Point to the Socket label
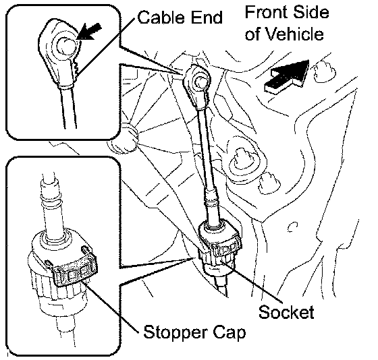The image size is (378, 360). tap(286, 312)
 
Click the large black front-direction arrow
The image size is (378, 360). tap(287, 76)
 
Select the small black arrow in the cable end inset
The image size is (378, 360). tap(88, 31)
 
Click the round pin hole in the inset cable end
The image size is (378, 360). tap(65, 46)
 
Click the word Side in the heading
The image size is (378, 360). tap(313, 12)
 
